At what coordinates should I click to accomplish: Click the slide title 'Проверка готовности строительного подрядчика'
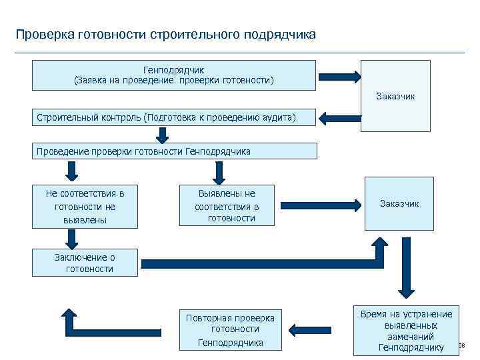click(x=166, y=33)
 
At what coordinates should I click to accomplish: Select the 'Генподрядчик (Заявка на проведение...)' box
click(x=174, y=75)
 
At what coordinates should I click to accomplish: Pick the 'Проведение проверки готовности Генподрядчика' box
click(x=174, y=151)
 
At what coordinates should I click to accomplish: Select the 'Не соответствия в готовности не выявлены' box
click(x=85, y=206)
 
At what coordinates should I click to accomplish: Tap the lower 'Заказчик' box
click(x=399, y=203)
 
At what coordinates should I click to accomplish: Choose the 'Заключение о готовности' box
click(x=85, y=263)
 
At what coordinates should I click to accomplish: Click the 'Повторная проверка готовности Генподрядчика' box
click(x=231, y=329)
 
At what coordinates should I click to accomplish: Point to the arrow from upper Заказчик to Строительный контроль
click(x=339, y=119)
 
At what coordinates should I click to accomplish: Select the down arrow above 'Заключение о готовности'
click(x=71, y=237)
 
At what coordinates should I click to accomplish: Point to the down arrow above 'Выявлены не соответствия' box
click(x=219, y=172)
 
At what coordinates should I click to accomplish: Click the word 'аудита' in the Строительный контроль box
click(x=277, y=117)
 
